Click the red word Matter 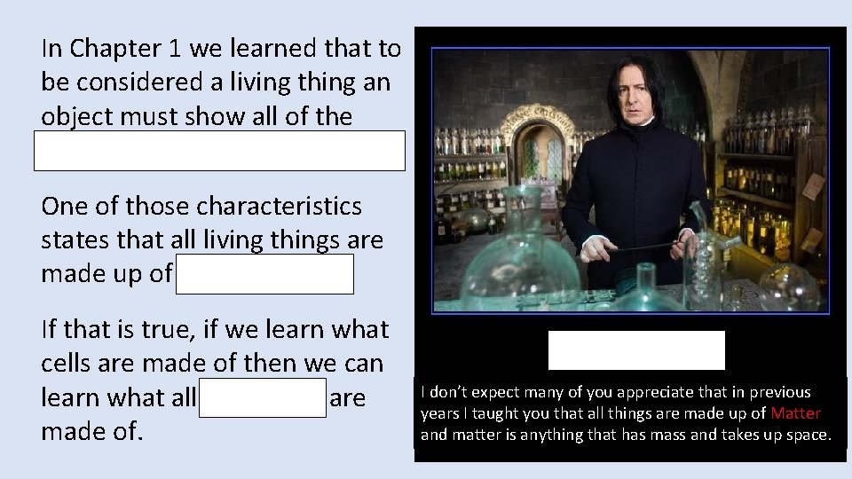click(x=796, y=413)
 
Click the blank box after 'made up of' click(x=264, y=274)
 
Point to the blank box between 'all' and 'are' click(x=263, y=397)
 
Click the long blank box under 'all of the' click(x=219, y=151)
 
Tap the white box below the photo click(x=636, y=350)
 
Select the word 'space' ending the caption click(x=809, y=435)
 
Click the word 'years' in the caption click(x=441, y=413)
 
